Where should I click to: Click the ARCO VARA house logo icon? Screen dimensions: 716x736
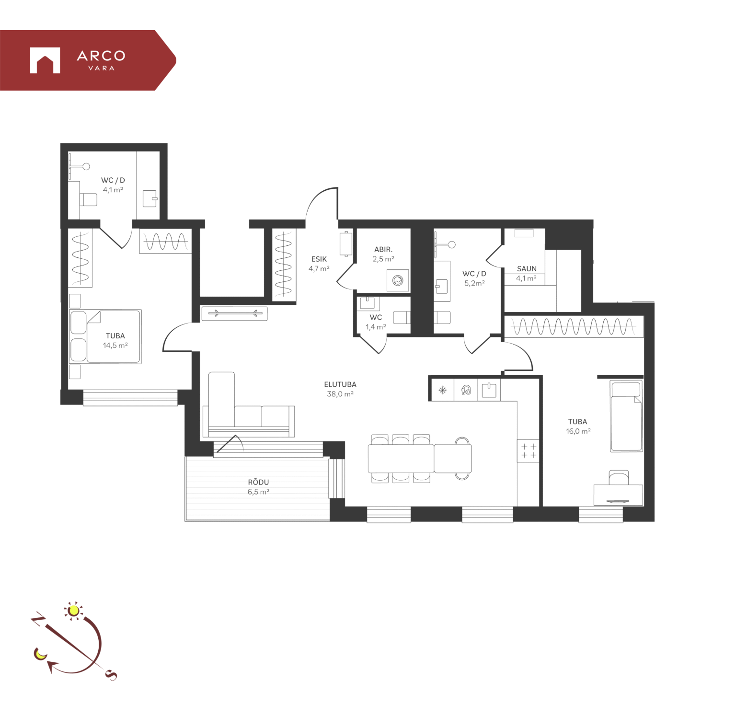coord(45,60)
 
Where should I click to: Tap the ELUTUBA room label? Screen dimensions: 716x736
coord(340,384)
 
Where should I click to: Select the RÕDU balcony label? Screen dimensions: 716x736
coord(258,482)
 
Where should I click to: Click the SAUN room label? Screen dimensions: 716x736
coord(527,269)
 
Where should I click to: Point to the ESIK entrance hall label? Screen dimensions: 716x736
coord(319,259)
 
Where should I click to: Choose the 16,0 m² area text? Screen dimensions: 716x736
coord(578,431)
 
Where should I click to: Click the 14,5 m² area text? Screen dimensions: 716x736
coord(115,346)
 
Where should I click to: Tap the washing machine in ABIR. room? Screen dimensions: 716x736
coord(398,281)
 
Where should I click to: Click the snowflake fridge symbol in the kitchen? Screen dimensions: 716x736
coord(443,390)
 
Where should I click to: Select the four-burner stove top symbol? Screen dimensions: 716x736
coord(529,451)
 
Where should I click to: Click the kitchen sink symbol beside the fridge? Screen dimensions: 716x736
coord(489,390)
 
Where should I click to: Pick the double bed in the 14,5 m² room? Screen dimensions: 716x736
coord(106,336)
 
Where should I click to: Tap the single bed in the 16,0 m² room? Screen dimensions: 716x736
coord(626,416)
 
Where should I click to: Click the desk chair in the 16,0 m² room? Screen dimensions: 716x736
coord(619,478)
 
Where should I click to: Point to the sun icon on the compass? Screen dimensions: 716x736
coord(73,610)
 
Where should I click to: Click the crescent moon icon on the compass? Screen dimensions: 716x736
coord(40,653)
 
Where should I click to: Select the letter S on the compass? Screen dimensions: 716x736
coord(111,675)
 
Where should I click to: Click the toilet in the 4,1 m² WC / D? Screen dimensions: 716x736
coord(88,199)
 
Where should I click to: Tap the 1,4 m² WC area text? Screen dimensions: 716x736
coord(376,327)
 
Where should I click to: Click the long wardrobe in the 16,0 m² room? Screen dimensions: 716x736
coord(574,327)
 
